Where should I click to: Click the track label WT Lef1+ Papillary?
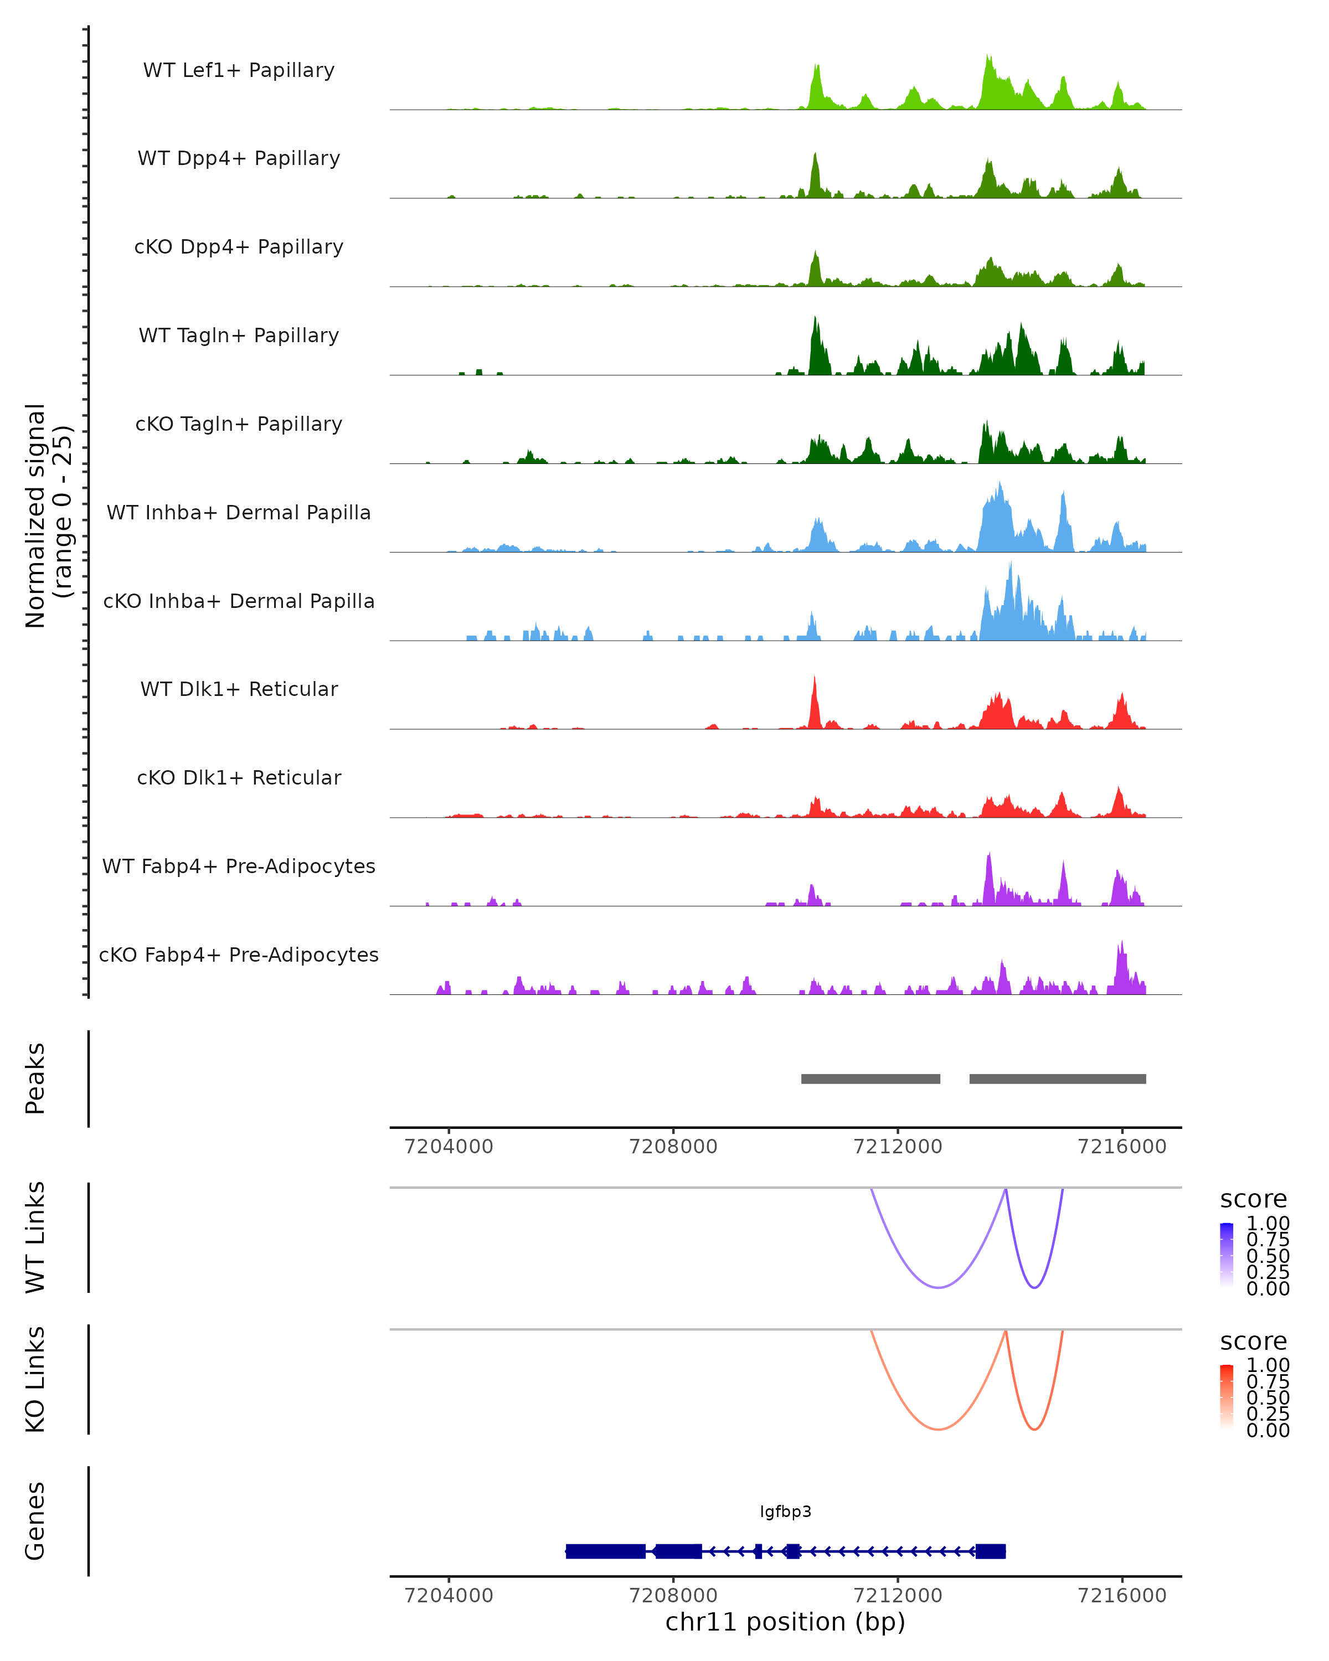click(239, 70)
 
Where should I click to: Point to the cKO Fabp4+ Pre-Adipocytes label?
click(239, 955)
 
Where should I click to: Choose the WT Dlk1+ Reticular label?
click(239, 689)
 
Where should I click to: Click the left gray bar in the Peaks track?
click(870, 1079)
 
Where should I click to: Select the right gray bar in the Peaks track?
click(1057, 1079)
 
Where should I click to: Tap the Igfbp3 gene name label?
click(785, 1512)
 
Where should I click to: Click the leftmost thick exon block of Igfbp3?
click(606, 1551)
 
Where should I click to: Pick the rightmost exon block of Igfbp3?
click(990, 1551)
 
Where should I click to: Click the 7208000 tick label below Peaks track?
click(673, 1147)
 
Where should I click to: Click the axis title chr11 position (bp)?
click(785, 1622)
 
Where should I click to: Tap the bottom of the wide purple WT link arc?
click(939, 1287)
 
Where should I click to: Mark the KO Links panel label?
click(35, 1380)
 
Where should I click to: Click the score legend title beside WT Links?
click(1254, 1200)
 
